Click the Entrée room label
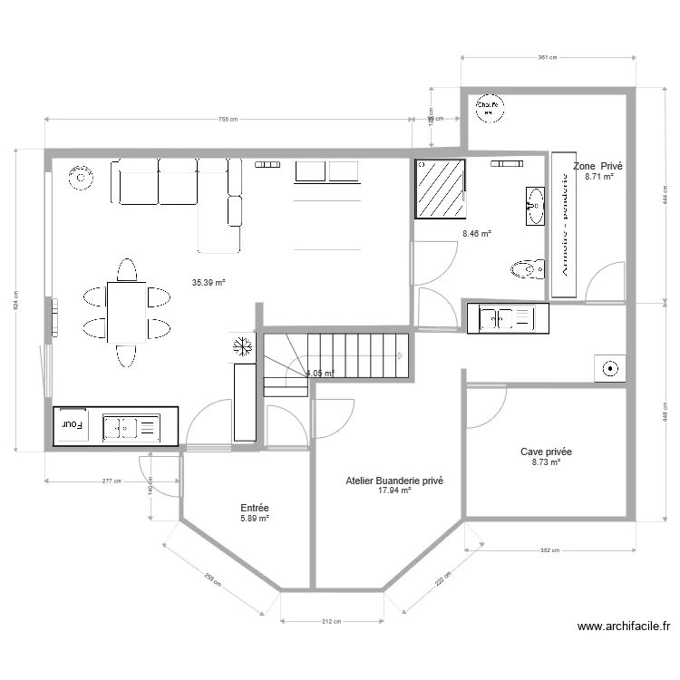(254, 509)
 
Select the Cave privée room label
(546, 452)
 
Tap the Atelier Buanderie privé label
(394, 481)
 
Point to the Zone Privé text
(598, 167)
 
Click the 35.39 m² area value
(209, 283)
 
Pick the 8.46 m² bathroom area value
(477, 234)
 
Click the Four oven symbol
(73, 424)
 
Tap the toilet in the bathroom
(528, 268)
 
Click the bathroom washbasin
(535, 206)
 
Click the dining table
(126, 312)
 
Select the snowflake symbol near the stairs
(243, 345)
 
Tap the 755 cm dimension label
(228, 120)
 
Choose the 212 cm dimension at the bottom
(332, 622)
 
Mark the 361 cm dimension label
(546, 57)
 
